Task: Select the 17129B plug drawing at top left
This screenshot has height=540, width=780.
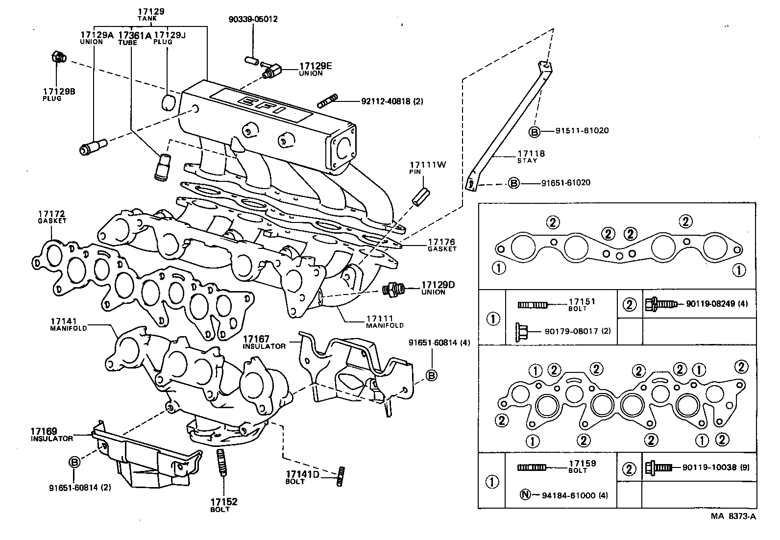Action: [x=58, y=57]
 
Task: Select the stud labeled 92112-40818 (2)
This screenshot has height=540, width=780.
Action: [x=327, y=102]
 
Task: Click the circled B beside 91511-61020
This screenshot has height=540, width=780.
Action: [x=535, y=131]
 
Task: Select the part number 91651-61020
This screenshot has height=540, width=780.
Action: [x=565, y=183]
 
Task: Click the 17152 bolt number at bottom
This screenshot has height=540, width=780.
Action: [x=224, y=502]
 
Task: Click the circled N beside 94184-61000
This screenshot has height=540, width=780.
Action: [x=524, y=495]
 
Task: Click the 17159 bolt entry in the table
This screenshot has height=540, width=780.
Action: [x=582, y=464]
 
